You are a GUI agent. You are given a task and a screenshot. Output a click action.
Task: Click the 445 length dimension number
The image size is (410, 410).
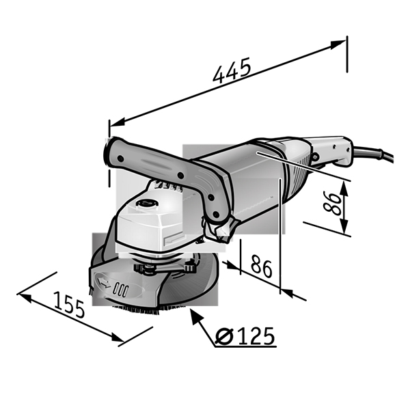[x=232, y=70]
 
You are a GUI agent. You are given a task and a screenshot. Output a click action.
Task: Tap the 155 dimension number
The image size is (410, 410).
[x=70, y=305]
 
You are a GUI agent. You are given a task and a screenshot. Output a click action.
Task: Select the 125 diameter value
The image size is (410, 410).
[x=256, y=336]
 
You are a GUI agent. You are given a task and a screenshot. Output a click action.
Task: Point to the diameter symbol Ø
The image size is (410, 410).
[x=224, y=336]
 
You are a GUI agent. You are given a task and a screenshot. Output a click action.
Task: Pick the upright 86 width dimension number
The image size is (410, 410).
[x=261, y=266]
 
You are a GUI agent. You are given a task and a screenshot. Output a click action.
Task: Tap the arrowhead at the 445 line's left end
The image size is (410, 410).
[x=118, y=122]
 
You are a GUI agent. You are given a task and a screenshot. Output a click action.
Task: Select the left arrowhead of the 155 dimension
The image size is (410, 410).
[x=25, y=297]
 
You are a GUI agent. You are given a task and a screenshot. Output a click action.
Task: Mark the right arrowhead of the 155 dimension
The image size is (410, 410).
[x=117, y=338]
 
